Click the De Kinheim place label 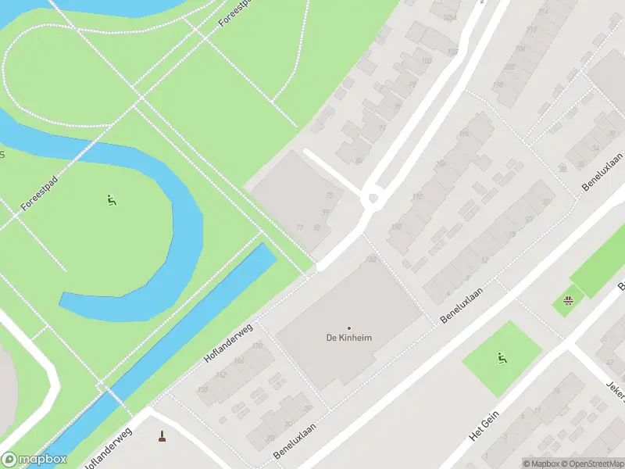pyautogui.click(x=348, y=338)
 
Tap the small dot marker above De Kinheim pyautogui.click(x=349, y=328)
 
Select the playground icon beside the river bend pyautogui.click(x=111, y=200)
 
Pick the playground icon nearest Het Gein pyautogui.click(x=502, y=359)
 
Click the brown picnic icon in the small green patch pyautogui.click(x=570, y=299)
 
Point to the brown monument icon pyautogui.click(x=162, y=436)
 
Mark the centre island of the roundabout pyautogui.click(x=373, y=198)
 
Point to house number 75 pyautogui.click(x=329, y=195)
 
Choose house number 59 pyautogui.click(x=324, y=212)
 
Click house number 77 pyautogui.click(x=299, y=227)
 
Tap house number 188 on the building pyautogui.click(x=370, y=259)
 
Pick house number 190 pyautogui.click(x=396, y=227)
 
